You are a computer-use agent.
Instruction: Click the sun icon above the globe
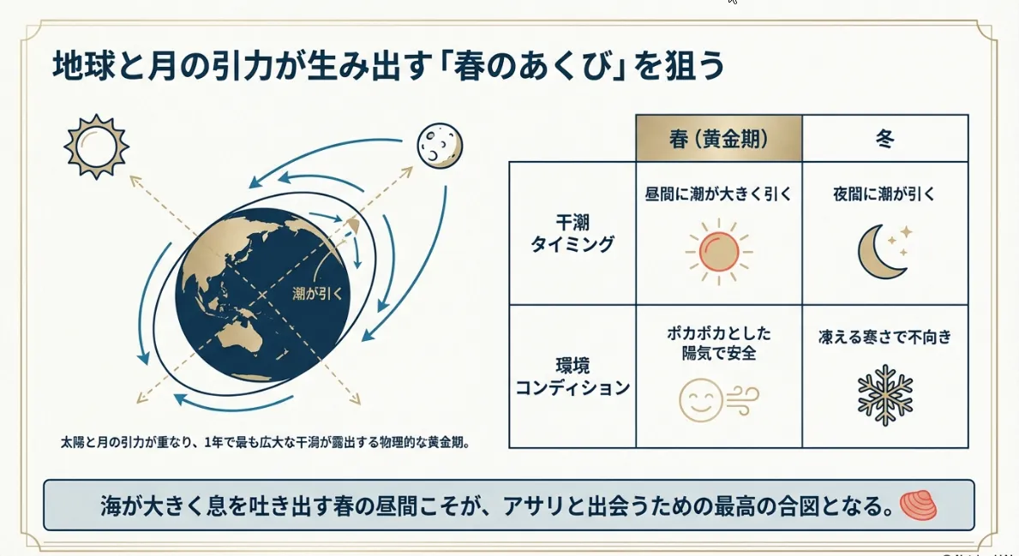click(x=96, y=146)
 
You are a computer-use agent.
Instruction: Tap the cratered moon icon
click(x=440, y=144)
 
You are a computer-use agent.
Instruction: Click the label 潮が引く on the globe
click(x=318, y=293)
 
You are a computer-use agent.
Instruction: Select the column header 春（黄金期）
click(x=718, y=138)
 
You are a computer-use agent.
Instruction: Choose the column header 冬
click(x=884, y=138)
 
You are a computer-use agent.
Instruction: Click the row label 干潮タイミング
click(x=572, y=233)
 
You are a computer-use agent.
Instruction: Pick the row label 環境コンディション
click(x=572, y=376)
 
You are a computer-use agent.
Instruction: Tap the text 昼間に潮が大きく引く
click(x=718, y=194)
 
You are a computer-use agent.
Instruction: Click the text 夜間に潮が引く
click(x=884, y=194)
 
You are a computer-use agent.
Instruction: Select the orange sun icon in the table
click(x=719, y=252)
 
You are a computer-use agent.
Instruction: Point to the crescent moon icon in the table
click(x=884, y=251)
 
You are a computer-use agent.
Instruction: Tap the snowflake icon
click(x=884, y=396)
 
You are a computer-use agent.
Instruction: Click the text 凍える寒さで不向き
click(x=884, y=337)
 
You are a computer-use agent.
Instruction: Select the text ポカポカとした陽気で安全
click(x=719, y=343)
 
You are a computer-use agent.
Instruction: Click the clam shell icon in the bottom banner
click(x=919, y=505)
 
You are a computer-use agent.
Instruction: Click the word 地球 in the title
click(x=81, y=67)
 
